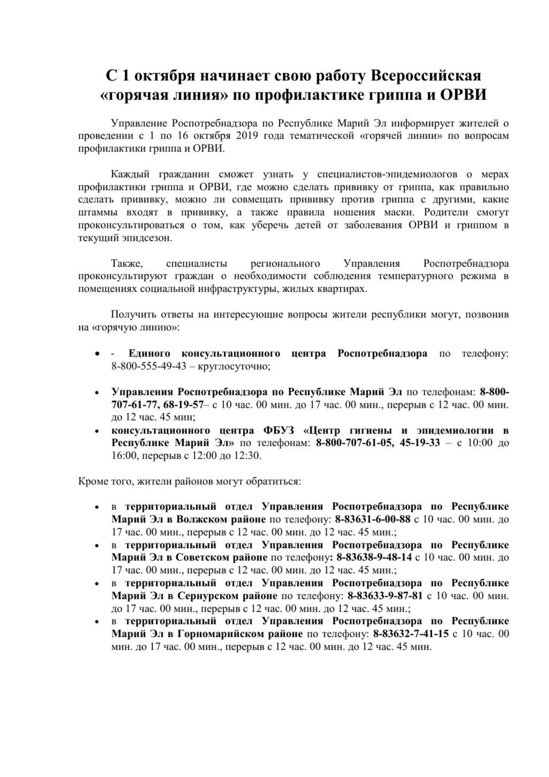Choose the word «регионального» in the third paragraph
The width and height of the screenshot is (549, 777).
286,264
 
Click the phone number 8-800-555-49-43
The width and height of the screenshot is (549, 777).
149,367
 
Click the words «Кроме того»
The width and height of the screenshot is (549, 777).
104,481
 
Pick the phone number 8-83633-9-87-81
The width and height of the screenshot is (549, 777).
385,595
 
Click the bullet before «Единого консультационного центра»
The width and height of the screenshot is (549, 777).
97,354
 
